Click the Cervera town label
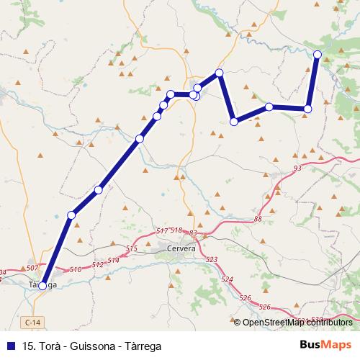(x=181, y=248)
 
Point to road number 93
(x=297, y=168)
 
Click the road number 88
(x=258, y=219)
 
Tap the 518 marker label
(x=176, y=230)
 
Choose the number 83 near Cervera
(x=193, y=233)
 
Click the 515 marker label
(x=131, y=248)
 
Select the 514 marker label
(x=113, y=259)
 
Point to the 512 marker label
(x=98, y=265)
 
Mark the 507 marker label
(x=31, y=268)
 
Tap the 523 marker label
(x=211, y=259)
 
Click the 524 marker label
(x=228, y=279)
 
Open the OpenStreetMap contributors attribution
(x=297, y=322)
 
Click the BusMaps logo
(x=325, y=344)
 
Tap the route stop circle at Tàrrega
(x=42, y=286)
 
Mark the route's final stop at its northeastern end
(x=318, y=54)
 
